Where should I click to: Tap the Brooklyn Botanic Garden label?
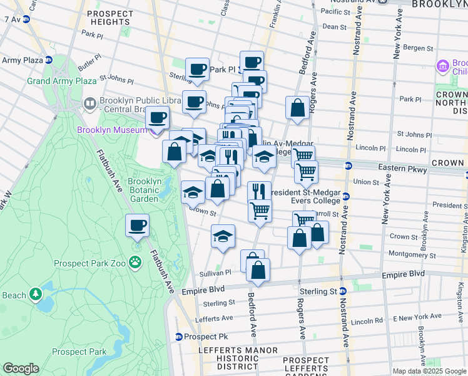tap(145, 190)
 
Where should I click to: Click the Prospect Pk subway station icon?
tap(179, 337)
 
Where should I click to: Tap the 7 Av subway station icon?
tap(26, 19)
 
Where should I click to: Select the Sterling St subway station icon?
tap(342, 291)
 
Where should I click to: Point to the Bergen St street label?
tap(422, 48)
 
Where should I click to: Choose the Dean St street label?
tap(335, 27)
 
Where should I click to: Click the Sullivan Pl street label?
tap(216, 273)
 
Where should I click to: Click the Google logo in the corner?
tap(21, 368)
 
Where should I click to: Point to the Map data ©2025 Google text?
tap(429, 371)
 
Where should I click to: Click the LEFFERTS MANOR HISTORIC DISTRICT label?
tap(228, 358)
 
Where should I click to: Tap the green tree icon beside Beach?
tap(36, 293)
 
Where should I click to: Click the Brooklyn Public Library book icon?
tap(90, 103)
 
